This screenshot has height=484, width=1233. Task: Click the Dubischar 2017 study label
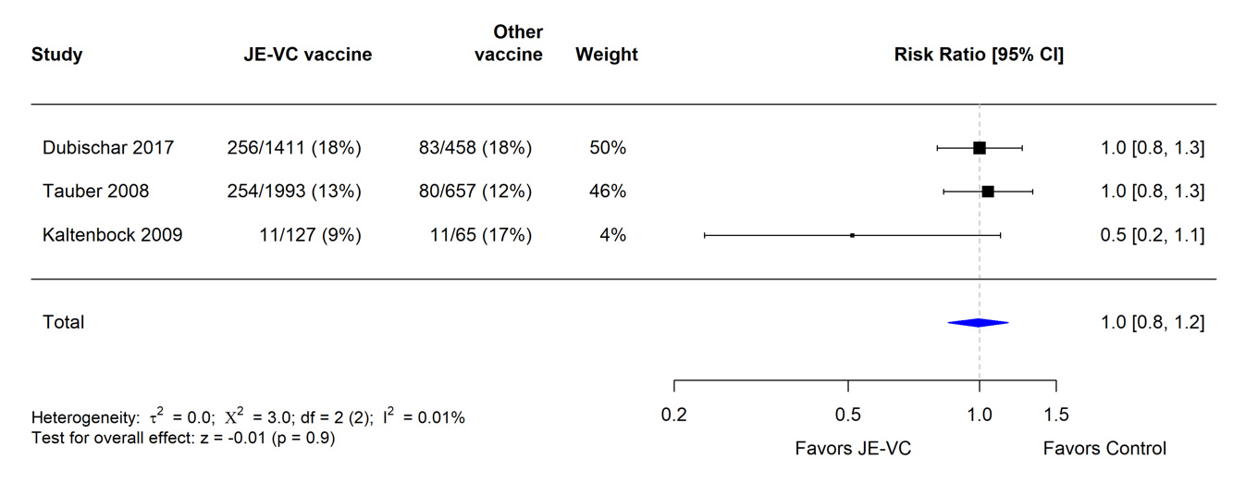[108, 148]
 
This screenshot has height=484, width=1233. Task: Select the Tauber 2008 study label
[95, 192]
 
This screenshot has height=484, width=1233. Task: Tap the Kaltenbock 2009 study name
[113, 235]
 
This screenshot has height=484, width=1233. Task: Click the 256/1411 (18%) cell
[294, 148]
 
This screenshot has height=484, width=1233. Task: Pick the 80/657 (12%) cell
[475, 192]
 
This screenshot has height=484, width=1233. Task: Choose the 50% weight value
[608, 148]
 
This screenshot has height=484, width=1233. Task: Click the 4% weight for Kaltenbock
[612, 235]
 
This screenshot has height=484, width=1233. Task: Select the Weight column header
[607, 55]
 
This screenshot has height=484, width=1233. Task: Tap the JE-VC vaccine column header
[306, 55]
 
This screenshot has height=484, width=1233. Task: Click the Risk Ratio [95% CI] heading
[979, 55]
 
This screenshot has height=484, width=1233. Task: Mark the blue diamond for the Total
[978, 322]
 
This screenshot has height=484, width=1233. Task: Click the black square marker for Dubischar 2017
[980, 148]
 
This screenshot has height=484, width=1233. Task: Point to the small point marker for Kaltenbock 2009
[852, 235]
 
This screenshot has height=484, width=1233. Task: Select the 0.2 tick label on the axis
[674, 415]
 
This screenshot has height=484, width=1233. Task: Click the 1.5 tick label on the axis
[1056, 415]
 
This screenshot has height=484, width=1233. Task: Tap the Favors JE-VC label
[853, 449]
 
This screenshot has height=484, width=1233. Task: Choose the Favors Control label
[1104, 449]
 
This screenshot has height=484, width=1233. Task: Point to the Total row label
[63, 322]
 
